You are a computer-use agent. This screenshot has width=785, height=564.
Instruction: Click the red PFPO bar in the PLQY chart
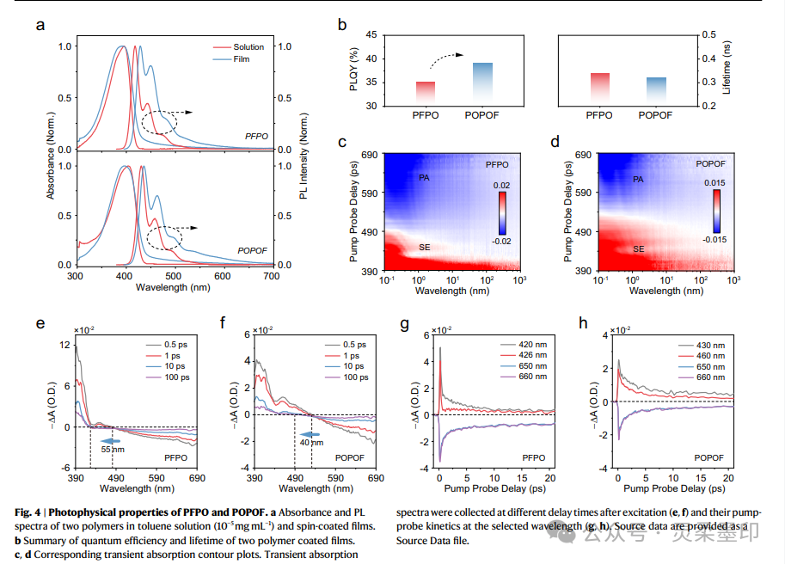pos(425,94)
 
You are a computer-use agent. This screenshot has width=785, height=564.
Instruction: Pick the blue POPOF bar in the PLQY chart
pos(482,84)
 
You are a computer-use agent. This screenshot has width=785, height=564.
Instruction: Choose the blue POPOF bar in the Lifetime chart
pos(656,91)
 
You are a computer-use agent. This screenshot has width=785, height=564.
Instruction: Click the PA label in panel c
pos(424,178)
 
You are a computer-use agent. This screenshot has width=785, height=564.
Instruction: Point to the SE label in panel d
pos(639,248)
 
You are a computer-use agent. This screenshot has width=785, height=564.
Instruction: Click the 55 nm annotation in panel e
pos(112,449)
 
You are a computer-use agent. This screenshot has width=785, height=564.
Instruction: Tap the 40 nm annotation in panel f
pos(312,443)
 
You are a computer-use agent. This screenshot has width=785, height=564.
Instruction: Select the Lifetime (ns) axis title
pos(725,70)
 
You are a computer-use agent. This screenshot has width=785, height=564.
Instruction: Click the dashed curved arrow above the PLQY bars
pos(453,58)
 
